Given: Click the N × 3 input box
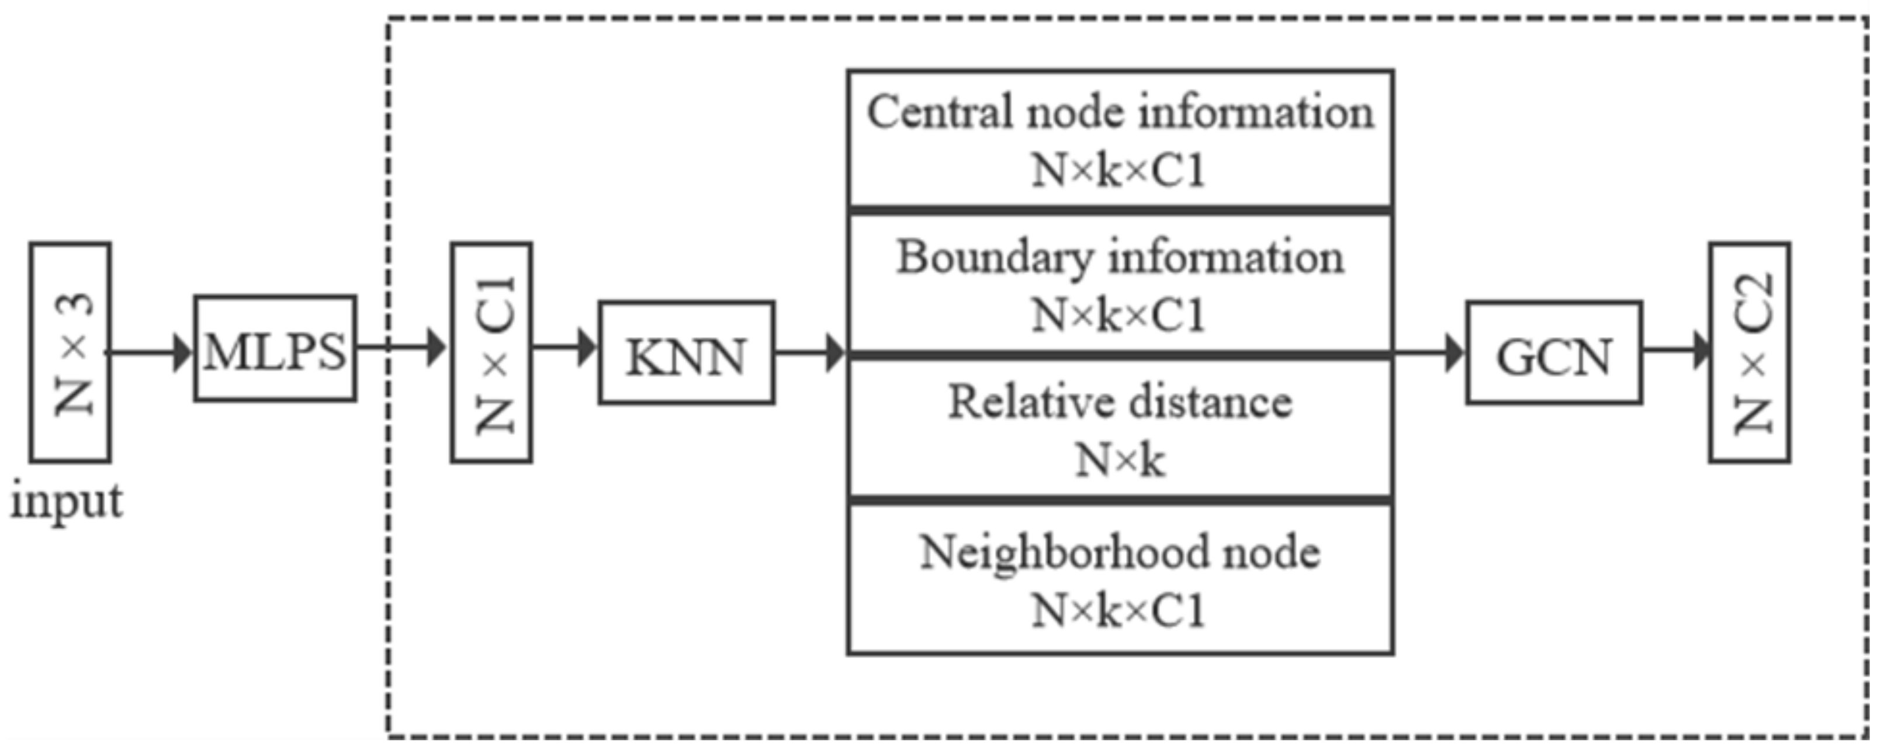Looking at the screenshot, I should (x=71, y=352).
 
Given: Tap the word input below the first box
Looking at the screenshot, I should (x=67, y=503).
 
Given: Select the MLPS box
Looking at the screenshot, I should (x=275, y=349).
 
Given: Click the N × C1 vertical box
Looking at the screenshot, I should (x=491, y=352).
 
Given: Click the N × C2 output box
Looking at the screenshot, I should (x=1750, y=352).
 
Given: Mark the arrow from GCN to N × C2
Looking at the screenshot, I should (x=1675, y=349).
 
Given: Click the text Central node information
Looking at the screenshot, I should (x=1120, y=113).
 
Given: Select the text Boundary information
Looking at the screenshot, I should (x=1120, y=258).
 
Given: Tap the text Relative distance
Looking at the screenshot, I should (x=1120, y=403).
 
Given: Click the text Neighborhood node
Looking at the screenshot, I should (x=1120, y=552).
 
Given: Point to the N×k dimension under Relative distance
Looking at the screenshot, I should (x=1120, y=461).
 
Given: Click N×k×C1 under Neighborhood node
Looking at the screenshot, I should (x=1117, y=610).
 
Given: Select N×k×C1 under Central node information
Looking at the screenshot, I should (x=1117, y=171).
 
